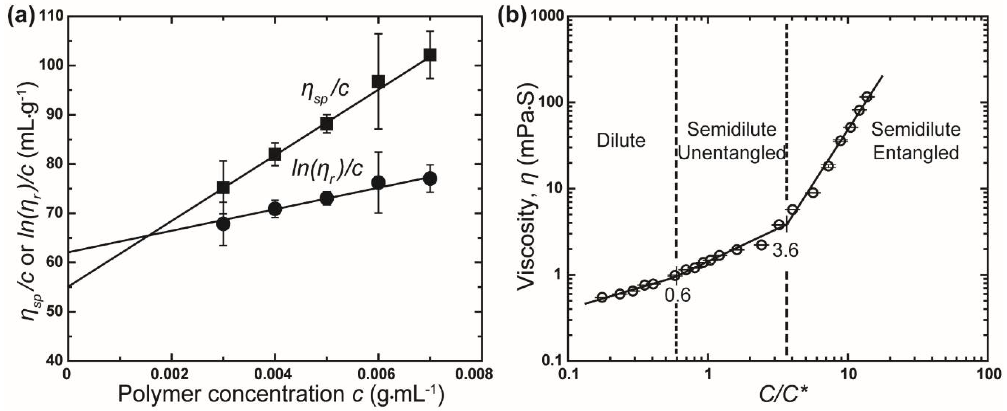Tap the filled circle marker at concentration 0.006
tap(378, 183)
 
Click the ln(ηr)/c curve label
tap(327, 169)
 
